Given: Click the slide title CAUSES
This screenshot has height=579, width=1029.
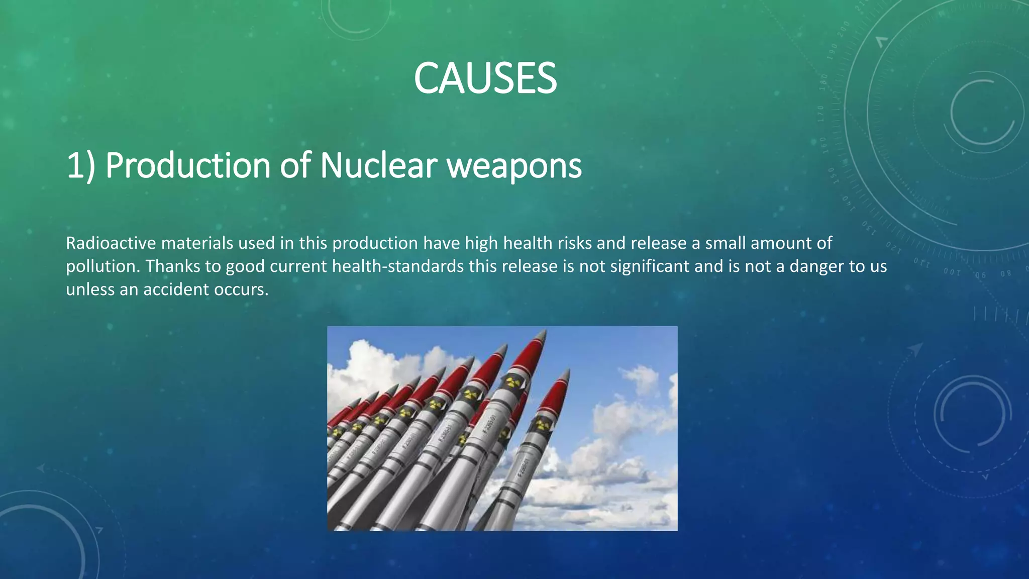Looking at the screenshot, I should [x=485, y=78].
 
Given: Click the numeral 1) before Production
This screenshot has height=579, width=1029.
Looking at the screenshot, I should [x=80, y=165].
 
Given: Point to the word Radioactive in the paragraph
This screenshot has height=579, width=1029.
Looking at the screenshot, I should [x=111, y=243].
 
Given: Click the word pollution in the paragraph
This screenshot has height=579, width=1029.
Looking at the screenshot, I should [x=102, y=266].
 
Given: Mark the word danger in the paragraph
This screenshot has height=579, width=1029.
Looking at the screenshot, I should [x=816, y=266].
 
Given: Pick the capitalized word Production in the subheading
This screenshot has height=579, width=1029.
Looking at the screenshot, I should [x=188, y=165].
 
